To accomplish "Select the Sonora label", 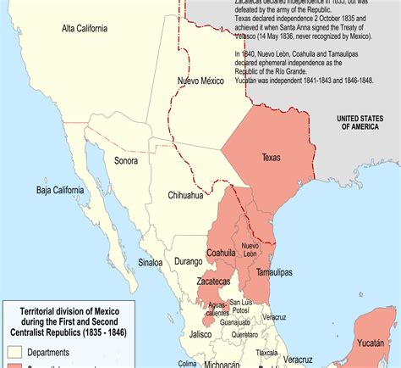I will click(x=126, y=159).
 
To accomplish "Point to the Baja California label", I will click(x=67, y=190).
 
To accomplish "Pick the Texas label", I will click(x=271, y=158).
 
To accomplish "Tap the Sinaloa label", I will click(x=151, y=263).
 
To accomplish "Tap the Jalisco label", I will click(x=200, y=335).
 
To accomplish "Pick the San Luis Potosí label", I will click(x=240, y=305).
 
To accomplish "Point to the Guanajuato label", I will click(x=236, y=322).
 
